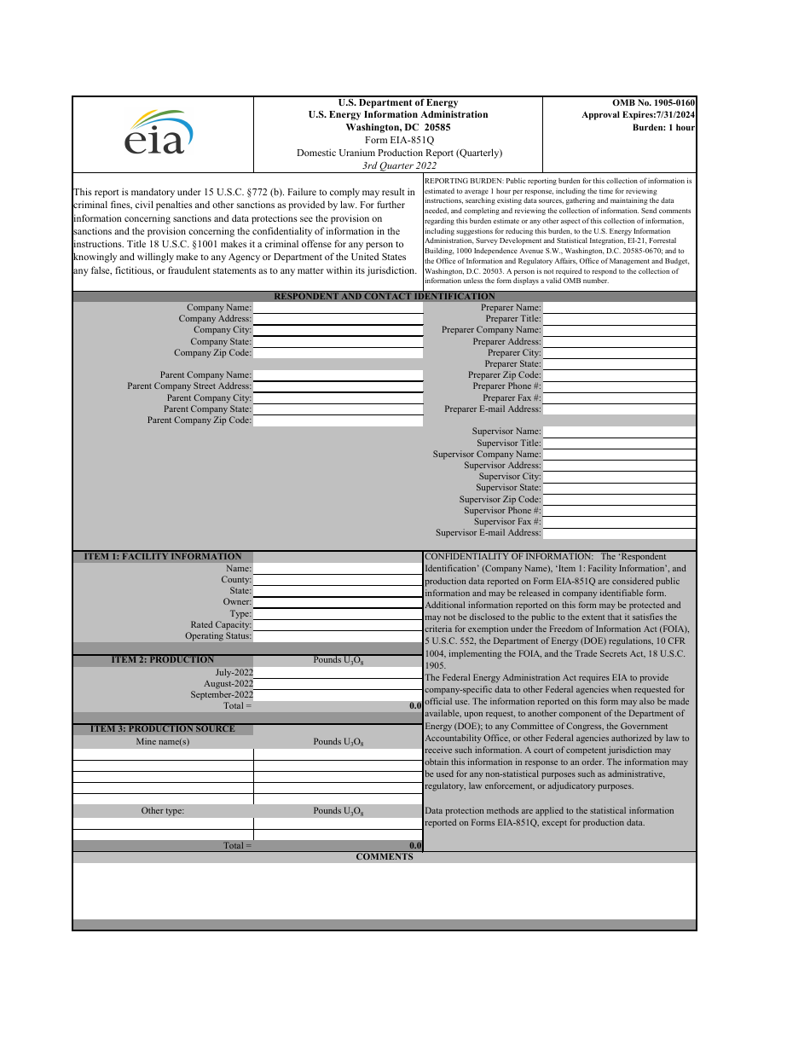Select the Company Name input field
click(338, 308)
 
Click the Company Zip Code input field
click(338, 353)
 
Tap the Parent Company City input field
click(338, 398)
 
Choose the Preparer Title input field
click(619, 319)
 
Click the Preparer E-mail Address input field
click(619, 409)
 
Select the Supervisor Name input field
click(619, 432)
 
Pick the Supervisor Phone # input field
click(619, 511)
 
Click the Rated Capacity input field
click(338, 625)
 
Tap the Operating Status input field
click(338, 636)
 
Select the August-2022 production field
click(338, 684)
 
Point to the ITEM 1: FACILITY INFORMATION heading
click(162, 557)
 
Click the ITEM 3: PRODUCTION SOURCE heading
click(162, 729)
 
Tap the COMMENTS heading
click(384, 857)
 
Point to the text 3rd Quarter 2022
click(399, 165)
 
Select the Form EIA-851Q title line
click(399, 140)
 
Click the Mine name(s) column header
click(162, 742)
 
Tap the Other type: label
click(162, 811)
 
